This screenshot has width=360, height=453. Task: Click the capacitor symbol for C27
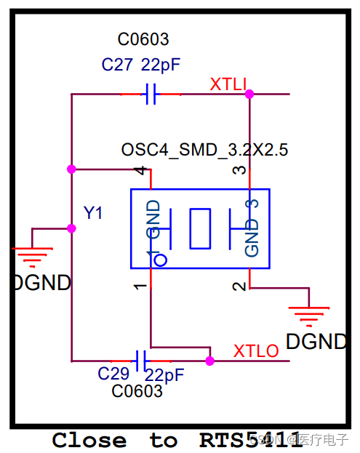point(151,94)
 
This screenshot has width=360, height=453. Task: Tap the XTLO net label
point(256,351)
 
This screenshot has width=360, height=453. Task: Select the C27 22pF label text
point(140,65)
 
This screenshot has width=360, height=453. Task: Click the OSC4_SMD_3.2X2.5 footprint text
point(204,151)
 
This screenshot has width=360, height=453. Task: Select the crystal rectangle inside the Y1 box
point(199,228)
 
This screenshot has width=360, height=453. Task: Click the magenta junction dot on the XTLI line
point(249,94)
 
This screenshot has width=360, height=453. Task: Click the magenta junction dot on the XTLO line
point(209,360)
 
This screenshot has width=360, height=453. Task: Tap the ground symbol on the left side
point(33,254)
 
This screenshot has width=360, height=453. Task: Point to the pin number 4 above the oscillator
point(143,171)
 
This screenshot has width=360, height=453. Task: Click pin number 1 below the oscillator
point(141,286)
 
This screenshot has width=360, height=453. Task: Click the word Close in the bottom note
point(89,440)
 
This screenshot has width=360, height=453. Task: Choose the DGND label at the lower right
point(316,341)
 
